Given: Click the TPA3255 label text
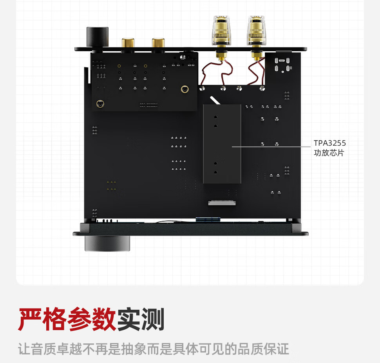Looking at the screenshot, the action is coord(329,143).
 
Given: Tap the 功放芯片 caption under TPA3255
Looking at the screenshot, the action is coord(329,153).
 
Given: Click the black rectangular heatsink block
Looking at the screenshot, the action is coord(222,144).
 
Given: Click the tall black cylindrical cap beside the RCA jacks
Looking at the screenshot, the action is coord(98,38).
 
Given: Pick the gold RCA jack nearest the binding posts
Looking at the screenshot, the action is coord(159,44).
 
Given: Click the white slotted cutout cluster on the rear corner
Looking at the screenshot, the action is coord(283,65).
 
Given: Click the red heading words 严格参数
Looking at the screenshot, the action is coord(67,320).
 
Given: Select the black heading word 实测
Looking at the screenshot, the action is coord(140,320).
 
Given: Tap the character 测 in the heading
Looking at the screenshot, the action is coord(152,320).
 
